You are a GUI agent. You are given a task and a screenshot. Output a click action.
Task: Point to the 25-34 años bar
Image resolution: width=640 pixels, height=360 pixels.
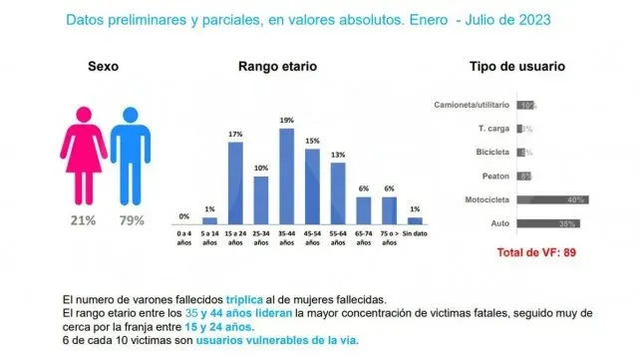[x=261, y=200]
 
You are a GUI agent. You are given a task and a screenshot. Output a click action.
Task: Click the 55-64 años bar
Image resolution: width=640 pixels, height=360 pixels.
[x=338, y=191]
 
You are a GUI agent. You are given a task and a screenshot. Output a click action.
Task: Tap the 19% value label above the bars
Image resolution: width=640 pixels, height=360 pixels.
[x=286, y=121]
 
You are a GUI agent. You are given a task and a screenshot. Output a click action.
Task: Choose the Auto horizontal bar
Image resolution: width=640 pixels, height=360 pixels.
[x=543, y=223]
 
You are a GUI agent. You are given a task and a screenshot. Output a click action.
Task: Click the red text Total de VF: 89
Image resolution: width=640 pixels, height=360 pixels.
[x=538, y=252]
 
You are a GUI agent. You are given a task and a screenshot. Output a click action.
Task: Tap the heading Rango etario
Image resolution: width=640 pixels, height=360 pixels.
[x=277, y=68]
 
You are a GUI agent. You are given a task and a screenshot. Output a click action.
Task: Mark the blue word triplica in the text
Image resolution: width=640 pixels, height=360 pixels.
[x=245, y=298]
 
